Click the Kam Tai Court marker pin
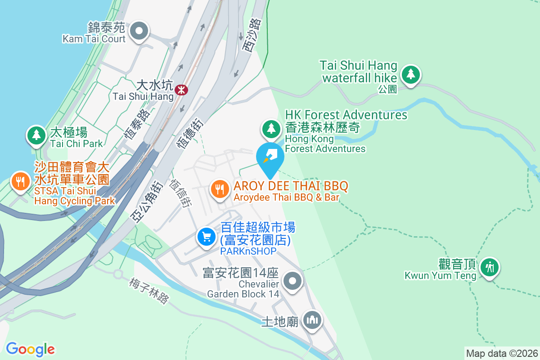(139, 31)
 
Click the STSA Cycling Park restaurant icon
(20, 182)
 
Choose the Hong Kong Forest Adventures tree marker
(271, 129)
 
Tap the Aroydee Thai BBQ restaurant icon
(219, 189)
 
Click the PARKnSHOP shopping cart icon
(207, 236)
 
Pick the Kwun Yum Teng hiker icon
(489, 267)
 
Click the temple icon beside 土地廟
(312, 320)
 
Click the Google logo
(30, 349)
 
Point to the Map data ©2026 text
(502, 353)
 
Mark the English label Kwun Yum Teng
(440, 275)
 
